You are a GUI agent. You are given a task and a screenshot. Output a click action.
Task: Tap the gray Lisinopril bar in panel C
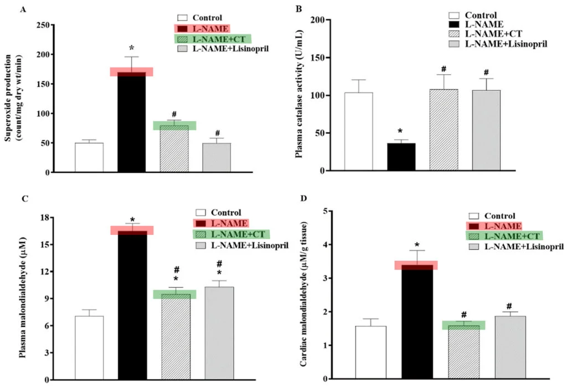[x=219, y=332]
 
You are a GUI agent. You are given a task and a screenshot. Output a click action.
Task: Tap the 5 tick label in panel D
[x=330, y=211]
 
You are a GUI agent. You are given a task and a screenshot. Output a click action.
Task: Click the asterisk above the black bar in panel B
[x=401, y=131]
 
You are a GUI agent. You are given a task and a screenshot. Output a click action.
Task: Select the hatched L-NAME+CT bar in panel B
[x=444, y=130]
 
